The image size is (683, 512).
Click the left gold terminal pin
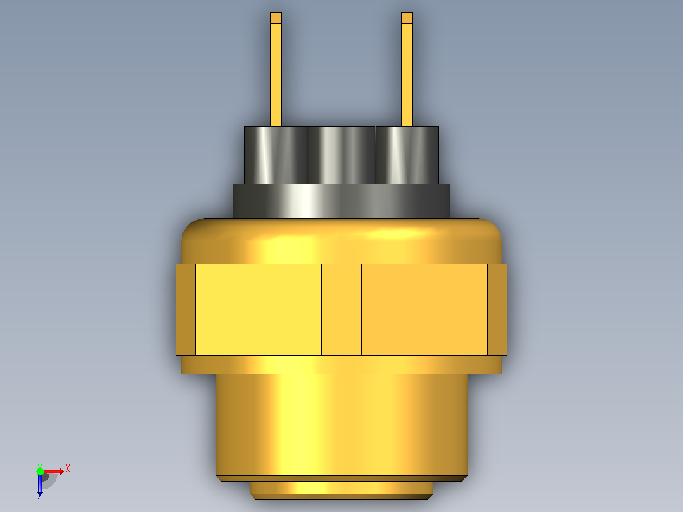pyautogui.click(x=276, y=69)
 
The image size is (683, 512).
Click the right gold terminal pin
pyautogui.click(x=407, y=69)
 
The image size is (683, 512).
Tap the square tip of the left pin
pyautogui.click(x=276, y=18)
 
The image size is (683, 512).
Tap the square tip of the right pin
pyautogui.click(x=407, y=18)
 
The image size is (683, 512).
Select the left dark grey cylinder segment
pyautogui.click(x=275, y=155)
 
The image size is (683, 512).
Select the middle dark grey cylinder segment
pyautogui.click(x=341, y=155)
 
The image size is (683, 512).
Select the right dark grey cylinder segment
pyautogui.click(x=407, y=155)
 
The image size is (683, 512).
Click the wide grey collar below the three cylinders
pyautogui.click(x=341, y=201)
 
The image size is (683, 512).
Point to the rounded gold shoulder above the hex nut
pyautogui.click(x=341, y=241)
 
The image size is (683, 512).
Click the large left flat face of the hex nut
pyautogui.click(x=259, y=310)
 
